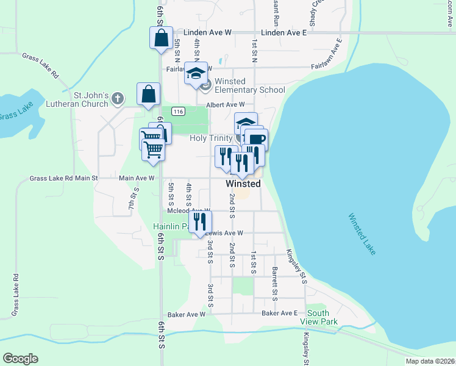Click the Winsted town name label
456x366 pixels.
click(243, 184)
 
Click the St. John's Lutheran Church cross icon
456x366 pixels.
click(118, 97)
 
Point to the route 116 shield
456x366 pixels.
click(178, 112)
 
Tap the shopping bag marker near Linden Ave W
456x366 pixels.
click(160, 38)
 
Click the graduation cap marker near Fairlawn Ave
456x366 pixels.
click(196, 73)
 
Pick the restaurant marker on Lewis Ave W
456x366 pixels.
click(199, 222)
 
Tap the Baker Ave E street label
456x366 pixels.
click(279, 314)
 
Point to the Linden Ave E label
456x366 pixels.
click(283, 32)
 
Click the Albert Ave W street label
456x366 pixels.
click(225, 105)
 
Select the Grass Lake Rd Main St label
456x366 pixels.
click(63, 179)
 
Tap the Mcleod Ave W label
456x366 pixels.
click(188, 211)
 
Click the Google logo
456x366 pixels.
click(20, 359)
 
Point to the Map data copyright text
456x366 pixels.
click(430, 361)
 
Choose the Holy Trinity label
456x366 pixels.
click(211, 138)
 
